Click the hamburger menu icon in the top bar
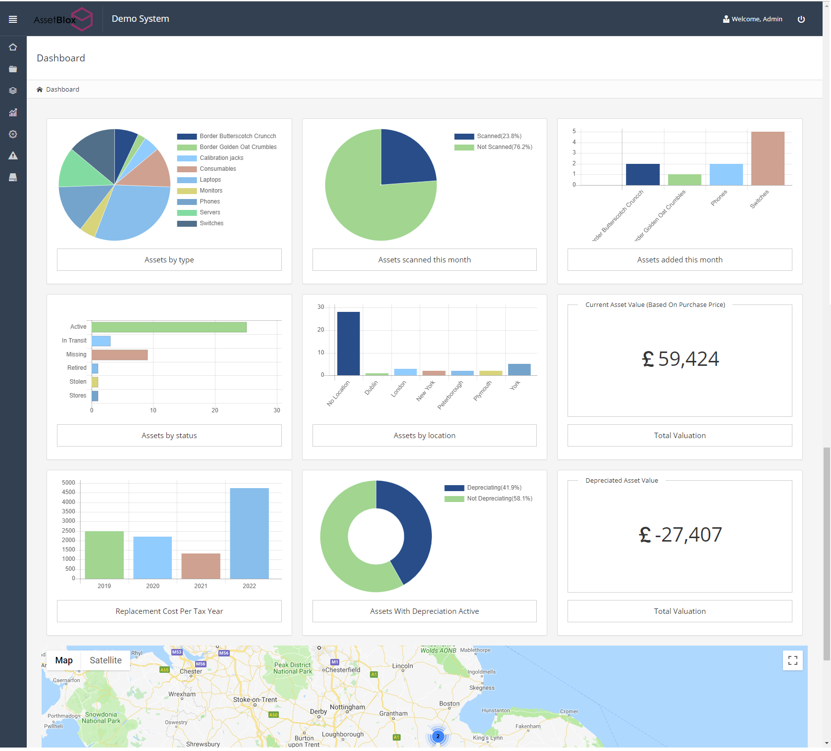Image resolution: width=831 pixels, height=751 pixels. [x=13, y=19]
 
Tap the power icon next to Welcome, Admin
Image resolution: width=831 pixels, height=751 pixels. [x=801, y=19]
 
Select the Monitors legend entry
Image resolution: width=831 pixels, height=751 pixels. [x=210, y=191]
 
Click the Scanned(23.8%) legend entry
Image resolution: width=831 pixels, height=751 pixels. [x=498, y=136]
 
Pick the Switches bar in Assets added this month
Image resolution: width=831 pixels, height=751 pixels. [x=767, y=158]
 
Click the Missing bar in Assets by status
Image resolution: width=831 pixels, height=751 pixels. [x=119, y=355]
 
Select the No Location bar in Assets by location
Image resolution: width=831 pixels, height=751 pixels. [x=348, y=343]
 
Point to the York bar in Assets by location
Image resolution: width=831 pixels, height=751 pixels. [x=519, y=369]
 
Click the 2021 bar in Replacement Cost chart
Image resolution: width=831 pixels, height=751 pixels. [x=201, y=566]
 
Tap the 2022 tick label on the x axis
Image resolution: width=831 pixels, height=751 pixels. [x=249, y=586]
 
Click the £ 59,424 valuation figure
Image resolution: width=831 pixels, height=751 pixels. [x=679, y=359]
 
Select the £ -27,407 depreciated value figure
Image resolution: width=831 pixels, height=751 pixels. [x=679, y=535]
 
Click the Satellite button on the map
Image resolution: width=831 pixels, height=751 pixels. [x=105, y=660]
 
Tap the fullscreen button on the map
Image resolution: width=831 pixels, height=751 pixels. [x=792, y=660]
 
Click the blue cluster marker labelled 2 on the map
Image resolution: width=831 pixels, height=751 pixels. [x=438, y=736]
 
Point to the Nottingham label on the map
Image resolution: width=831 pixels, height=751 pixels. [x=347, y=707]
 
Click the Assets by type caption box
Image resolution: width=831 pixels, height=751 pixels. [x=169, y=260]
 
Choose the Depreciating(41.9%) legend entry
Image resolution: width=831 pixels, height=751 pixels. [x=493, y=488]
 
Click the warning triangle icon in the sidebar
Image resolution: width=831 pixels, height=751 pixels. [x=13, y=156]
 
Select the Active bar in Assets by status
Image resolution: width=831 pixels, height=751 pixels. [x=169, y=327]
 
